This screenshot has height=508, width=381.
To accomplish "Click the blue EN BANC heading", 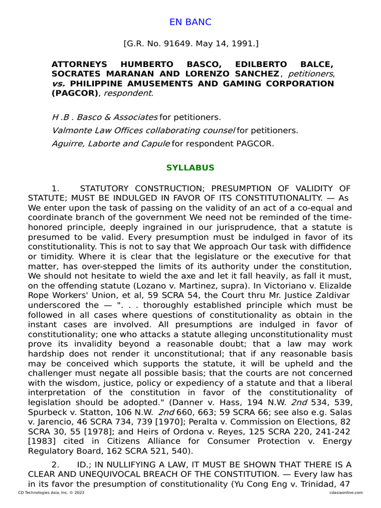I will pyautogui.click(x=190, y=22).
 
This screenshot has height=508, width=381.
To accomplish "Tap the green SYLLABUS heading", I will pyautogui.click(x=190, y=168).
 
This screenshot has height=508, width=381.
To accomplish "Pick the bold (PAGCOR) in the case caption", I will pyautogui.click(x=75, y=93).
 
